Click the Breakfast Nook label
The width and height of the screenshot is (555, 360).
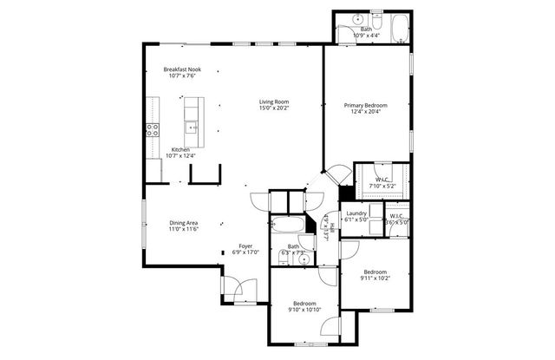182,69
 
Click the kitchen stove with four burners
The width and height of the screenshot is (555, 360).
153,131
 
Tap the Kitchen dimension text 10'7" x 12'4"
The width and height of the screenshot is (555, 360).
181,156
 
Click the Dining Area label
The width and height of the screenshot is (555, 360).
183,223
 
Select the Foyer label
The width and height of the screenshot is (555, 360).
246,246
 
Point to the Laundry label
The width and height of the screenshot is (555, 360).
356,213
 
